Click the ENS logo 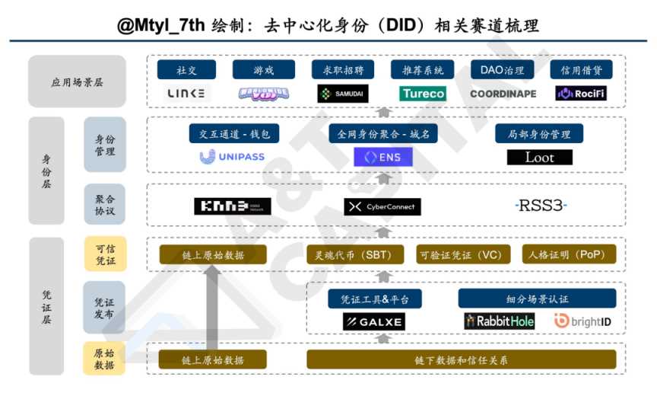click(383, 158)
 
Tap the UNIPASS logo click(233, 157)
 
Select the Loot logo click(540, 158)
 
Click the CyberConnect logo click(382, 206)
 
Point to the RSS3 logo click(540, 206)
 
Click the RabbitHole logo click(500, 321)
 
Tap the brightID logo click(582, 321)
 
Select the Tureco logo click(422, 94)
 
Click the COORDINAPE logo click(503, 94)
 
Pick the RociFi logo click(581, 94)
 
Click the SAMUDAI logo click(342, 94)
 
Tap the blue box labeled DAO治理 click(503, 70)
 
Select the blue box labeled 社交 click(186, 70)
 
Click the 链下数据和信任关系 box click(462, 359)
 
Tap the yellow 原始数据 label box click(104, 359)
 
